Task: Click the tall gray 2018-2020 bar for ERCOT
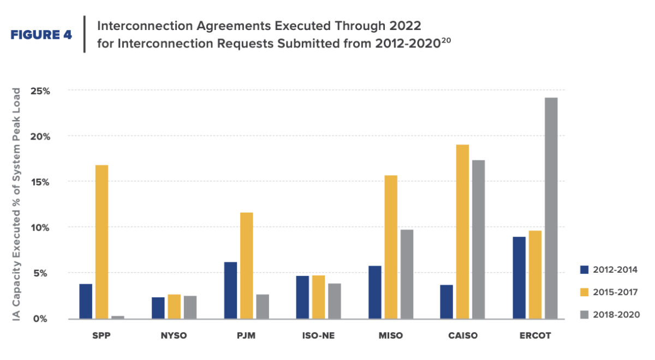click(551, 208)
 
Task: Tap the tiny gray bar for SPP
click(118, 317)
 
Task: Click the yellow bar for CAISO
click(462, 231)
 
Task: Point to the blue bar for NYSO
click(158, 308)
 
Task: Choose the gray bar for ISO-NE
click(334, 301)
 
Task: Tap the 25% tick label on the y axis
click(55, 91)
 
